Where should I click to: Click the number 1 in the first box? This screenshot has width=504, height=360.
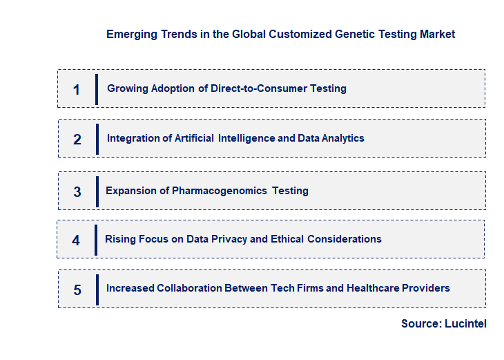(x=77, y=90)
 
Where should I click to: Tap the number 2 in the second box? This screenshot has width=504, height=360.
(x=77, y=140)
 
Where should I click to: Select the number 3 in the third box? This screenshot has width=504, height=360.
(x=77, y=192)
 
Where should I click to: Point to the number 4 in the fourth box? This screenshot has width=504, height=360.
(x=76, y=240)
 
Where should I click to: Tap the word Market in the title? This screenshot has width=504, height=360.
(x=437, y=34)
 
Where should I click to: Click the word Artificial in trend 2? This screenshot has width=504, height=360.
(x=195, y=138)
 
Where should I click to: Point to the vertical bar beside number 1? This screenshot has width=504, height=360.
(x=97, y=89)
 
